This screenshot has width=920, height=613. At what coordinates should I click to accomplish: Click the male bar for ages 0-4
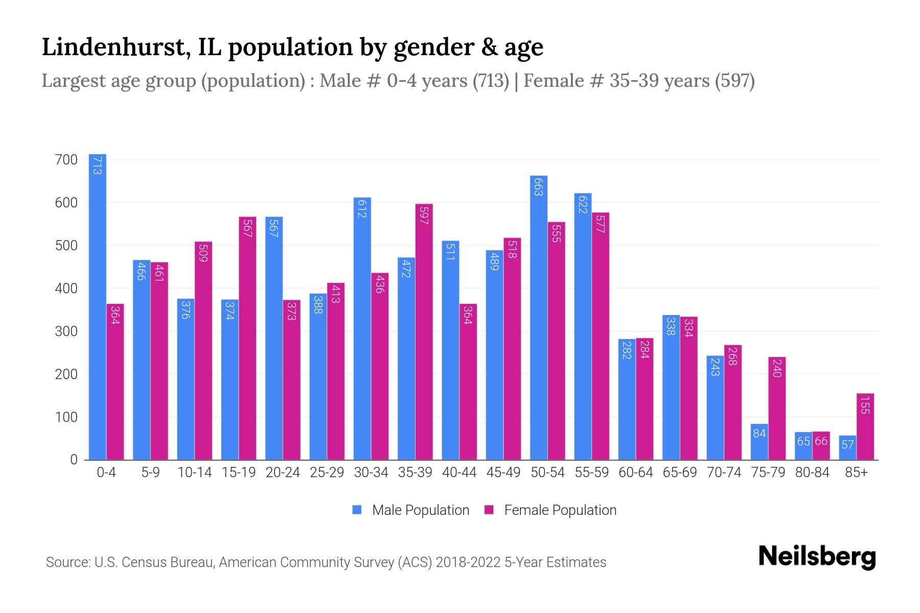point(98,306)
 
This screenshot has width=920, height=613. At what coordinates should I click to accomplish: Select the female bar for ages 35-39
point(424,332)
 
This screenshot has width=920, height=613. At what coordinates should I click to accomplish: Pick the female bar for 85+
point(865,427)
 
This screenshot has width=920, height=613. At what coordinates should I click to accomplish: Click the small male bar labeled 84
point(759,442)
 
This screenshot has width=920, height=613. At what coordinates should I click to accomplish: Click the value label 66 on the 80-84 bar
point(821,441)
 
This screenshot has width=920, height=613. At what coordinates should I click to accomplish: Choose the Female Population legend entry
point(550,510)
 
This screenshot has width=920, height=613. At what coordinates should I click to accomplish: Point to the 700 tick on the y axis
point(66,160)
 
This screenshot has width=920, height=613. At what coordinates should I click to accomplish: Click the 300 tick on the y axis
point(66,332)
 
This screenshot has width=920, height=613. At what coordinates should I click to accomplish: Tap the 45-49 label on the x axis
point(503,473)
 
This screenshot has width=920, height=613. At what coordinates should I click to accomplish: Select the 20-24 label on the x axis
point(283,473)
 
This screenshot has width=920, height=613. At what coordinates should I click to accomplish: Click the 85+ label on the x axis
point(856,473)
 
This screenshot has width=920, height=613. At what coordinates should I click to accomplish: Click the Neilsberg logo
point(817,557)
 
